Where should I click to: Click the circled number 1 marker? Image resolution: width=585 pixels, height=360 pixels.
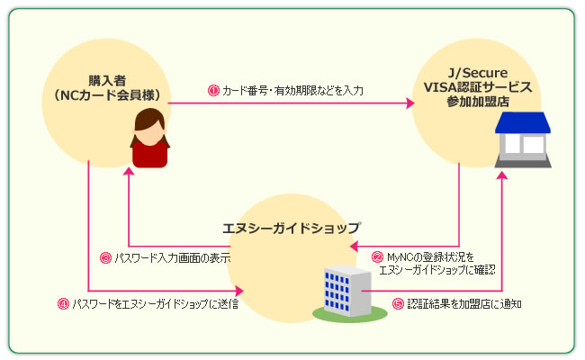coord(213,90)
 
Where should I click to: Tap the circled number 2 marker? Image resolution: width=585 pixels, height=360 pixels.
coord(378,257)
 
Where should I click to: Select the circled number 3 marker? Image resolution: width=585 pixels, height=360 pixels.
coord(105,257)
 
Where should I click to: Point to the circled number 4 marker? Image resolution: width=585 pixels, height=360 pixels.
coord(63,303)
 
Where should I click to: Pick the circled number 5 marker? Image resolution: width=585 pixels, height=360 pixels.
coord(398,303)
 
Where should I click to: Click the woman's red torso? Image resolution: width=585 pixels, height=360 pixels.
coord(150,155)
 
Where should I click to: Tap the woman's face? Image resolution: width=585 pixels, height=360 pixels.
coord(150,133)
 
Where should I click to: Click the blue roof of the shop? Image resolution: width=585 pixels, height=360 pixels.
coord(523,122)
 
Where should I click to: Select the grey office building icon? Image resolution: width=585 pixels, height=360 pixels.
coord(347,291)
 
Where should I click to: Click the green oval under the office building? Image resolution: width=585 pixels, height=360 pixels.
coord(350,313)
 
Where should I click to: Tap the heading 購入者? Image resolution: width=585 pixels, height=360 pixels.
coord(107,81)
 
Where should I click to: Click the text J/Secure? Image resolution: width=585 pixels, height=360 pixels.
coord(478,73)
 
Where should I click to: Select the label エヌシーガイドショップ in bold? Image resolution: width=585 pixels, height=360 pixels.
coord(292,228)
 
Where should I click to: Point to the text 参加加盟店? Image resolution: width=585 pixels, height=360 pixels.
coord(478,102)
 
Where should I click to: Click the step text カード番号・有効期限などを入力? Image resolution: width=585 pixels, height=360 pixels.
coord(292,90)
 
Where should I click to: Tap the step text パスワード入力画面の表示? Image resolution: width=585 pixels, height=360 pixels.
coord(173,257)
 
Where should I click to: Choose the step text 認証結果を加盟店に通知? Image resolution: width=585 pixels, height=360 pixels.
coord(464,303)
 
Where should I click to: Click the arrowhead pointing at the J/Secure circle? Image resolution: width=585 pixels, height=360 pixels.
coord(410,103)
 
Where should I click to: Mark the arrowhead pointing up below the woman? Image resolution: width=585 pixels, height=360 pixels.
coord(129,171)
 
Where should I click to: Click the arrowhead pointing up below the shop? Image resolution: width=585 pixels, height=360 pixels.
coord(502,175)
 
